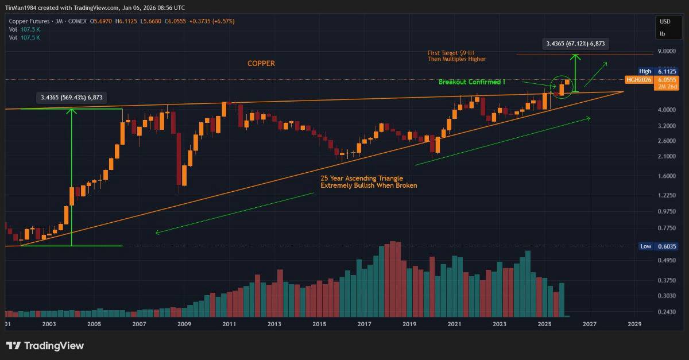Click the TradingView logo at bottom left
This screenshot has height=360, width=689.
tap(45, 346)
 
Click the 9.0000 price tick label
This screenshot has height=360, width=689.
tap(667, 52)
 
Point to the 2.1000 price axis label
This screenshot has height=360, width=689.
tap(667, 156)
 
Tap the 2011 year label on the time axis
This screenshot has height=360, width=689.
tap(229, 324)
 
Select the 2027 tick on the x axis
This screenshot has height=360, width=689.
tap(589, 324)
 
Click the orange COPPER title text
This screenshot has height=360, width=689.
tap(261, 64)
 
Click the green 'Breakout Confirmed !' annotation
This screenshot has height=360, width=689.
tap(471, 82)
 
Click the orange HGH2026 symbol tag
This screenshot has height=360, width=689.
tap(638, 80)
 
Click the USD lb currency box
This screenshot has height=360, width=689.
tap(665, 28)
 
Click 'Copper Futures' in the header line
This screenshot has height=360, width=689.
tap(25, 21)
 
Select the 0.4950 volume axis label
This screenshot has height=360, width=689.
tap(667, 261)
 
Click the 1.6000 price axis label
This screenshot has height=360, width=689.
tap(667, 176)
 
